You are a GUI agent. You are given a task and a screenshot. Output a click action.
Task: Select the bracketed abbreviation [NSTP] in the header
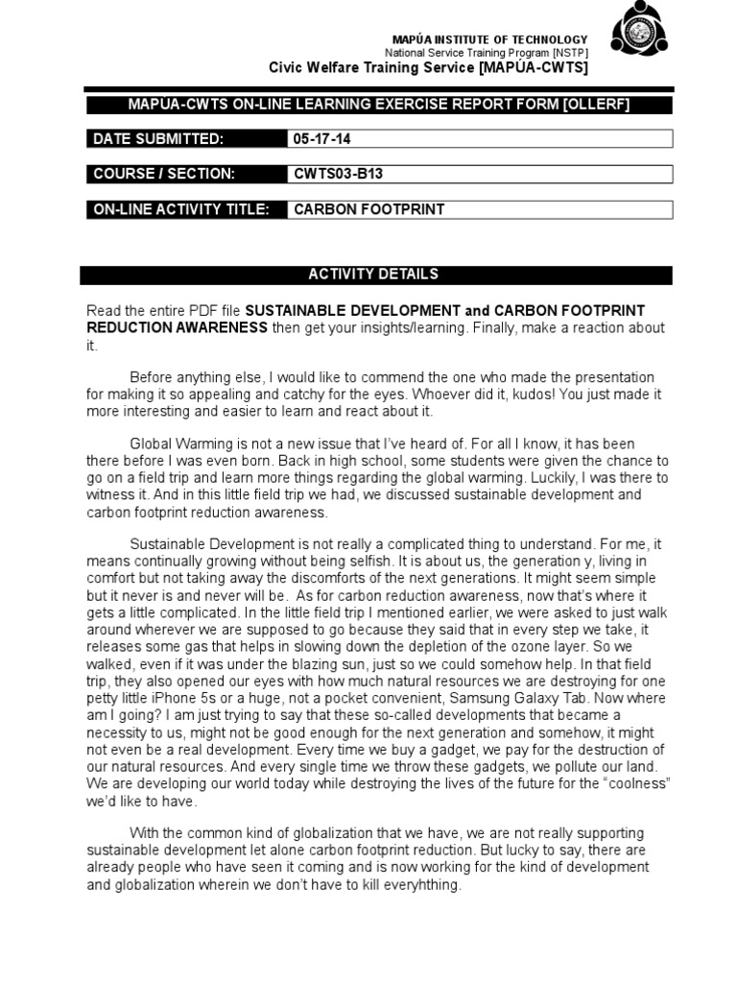(570, 52)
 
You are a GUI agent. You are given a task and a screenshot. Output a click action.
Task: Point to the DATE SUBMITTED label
(158, 139)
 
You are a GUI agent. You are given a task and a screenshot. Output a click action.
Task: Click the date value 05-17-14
(322, 139)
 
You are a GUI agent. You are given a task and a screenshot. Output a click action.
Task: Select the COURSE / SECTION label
(163, 174)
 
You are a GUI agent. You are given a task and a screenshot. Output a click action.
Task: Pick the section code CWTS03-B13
(332, 174)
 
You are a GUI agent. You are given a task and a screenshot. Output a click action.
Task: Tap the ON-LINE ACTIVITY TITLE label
(181, 209)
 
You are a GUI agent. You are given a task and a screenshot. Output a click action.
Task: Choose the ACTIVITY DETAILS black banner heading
(373, 275)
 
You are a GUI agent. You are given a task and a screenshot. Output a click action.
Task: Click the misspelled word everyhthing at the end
(414, 885)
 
